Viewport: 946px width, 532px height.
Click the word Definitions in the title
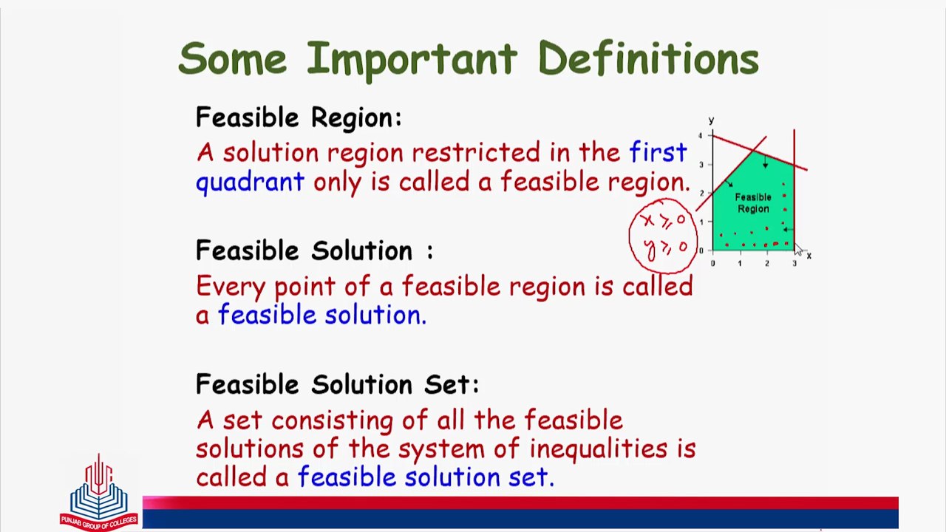pos(648,58)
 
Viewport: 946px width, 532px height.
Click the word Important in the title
pos(411,58)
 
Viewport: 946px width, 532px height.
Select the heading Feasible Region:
pos(299,117)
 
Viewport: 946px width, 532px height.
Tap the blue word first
pos(658,152)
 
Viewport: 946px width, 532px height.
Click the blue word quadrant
pos(250,182)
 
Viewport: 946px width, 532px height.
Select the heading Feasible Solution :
pos(314,250)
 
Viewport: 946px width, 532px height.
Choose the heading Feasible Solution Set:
pos(337,384)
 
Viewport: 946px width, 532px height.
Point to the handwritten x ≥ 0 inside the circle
pos(662,221)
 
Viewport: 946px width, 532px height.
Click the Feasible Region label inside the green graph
pos(753,203)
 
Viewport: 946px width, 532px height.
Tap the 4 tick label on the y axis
pos(701,136)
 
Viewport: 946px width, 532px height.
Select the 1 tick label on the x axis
pos(740,263)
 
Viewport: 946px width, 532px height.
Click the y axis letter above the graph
pos(711,120)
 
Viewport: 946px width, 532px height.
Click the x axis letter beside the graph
pos(809,256)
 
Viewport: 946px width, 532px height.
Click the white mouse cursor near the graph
pos(799,251)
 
